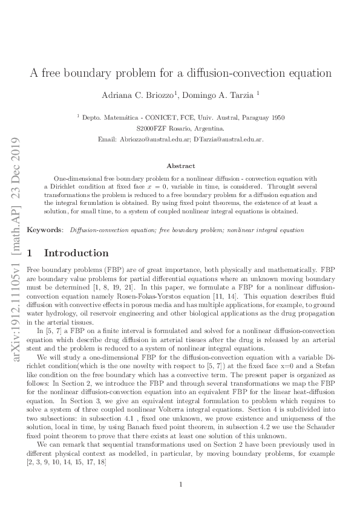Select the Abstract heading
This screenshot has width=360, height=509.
coord(181,166)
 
